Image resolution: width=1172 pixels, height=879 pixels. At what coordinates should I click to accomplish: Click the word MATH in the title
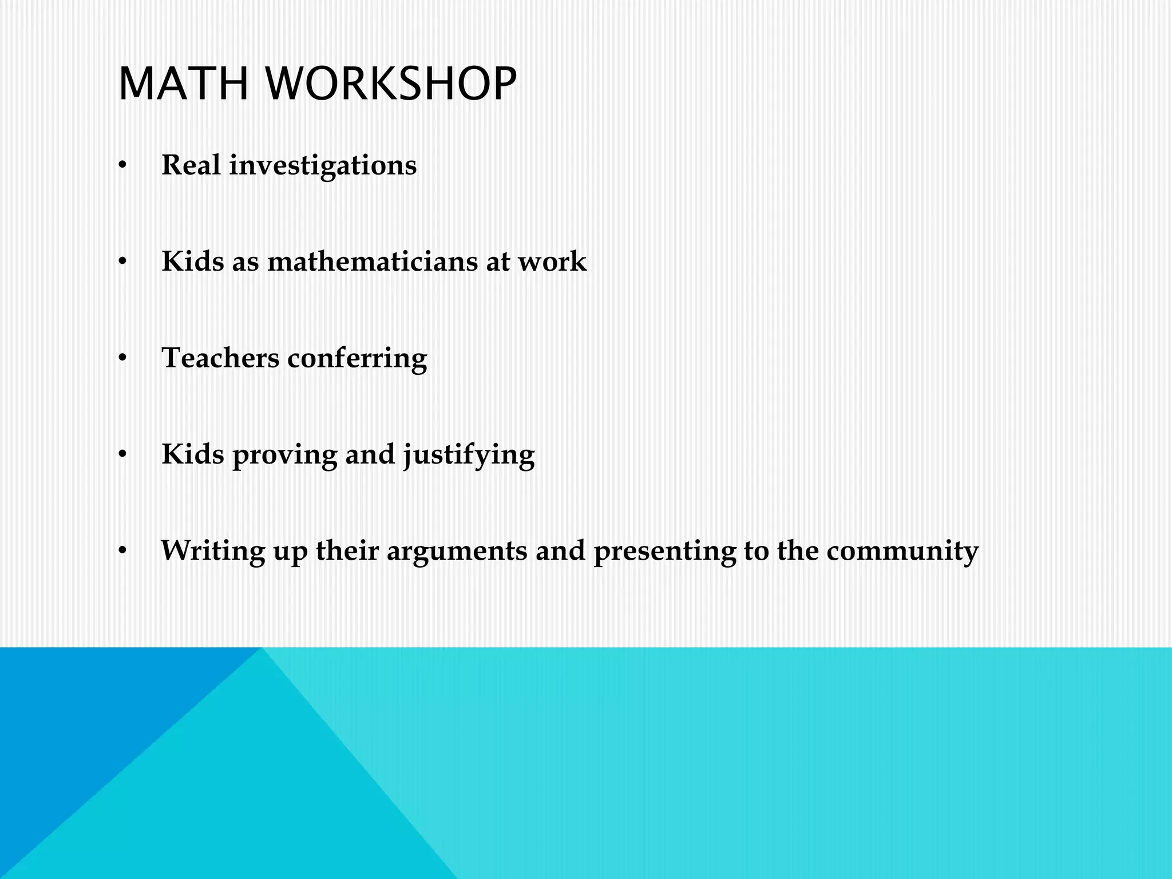click(184, 84)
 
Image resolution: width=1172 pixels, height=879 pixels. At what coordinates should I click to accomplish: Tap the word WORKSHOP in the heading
click(391, 84)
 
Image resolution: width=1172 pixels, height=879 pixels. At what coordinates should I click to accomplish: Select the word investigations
click(323, 166)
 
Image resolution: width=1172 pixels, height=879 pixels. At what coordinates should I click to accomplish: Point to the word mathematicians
click(372, 262)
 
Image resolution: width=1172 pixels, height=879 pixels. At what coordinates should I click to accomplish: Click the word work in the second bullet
click(552, 262)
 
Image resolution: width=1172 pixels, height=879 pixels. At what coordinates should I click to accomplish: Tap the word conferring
click(357, 359)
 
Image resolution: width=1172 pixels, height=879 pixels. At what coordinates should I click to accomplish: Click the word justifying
click(469, 456)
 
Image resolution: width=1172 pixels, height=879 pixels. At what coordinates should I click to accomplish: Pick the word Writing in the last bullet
click(213, 551)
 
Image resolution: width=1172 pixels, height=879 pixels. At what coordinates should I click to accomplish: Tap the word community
click(902, 551)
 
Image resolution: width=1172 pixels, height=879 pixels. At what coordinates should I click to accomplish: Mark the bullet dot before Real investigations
click(122, 166)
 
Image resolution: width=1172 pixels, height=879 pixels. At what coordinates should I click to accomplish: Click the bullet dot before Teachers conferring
click(122, 359)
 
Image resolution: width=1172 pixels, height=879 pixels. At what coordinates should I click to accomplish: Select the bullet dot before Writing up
click(122, 552)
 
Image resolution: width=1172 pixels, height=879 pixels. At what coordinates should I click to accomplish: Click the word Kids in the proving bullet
click(193, 454)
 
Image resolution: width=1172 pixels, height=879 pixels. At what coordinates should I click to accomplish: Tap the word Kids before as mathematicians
click(193, 262)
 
